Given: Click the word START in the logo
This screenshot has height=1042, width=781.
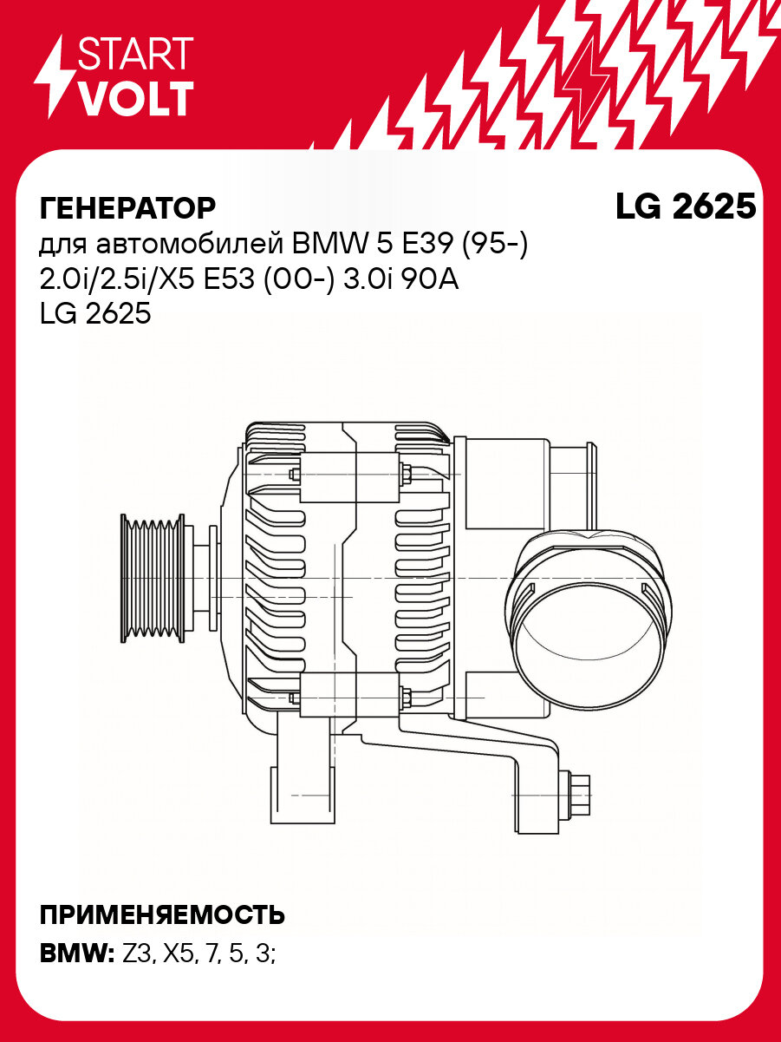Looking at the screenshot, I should tap(135, 54).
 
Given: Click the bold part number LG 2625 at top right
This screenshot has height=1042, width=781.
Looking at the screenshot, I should tap(685, 206).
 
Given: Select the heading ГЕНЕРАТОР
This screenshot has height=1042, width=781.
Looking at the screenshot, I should tap(127, 208).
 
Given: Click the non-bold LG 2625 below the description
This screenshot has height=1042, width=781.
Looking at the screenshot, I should tap(95, 315).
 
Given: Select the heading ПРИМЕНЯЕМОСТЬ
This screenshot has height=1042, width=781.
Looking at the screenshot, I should tap(162, 914).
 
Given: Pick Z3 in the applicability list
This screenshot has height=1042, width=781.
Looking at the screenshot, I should tap(140, 954).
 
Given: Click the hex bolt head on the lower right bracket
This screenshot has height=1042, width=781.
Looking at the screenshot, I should tap(579, 794).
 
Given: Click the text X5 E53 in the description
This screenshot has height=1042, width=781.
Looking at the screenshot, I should tap(225, 280).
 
